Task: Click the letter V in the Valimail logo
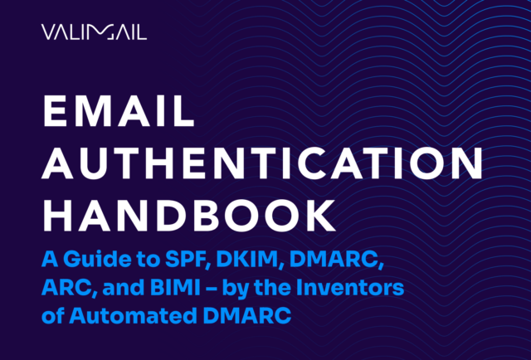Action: (x=47, y=32)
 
